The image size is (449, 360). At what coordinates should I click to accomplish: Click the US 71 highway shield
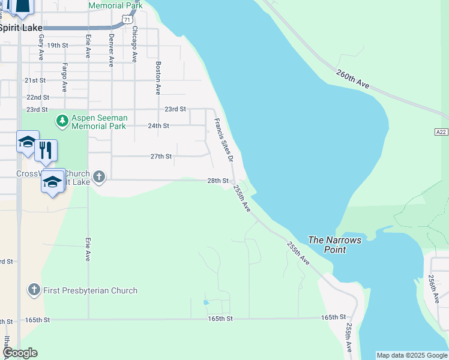(127, 20)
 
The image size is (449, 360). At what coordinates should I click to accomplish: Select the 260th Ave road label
(352, 79)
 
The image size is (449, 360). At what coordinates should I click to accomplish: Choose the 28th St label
(218, 181)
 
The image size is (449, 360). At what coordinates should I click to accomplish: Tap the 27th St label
(161, 157)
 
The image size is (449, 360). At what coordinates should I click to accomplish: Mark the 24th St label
(158, 126)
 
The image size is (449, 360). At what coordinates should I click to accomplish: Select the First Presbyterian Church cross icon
(34, 290)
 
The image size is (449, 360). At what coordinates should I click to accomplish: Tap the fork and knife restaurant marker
(46, 151)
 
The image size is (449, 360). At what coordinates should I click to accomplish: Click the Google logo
(20, 353)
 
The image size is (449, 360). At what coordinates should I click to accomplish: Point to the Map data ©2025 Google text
(412, 355)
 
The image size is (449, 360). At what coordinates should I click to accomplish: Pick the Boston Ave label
(158, 78)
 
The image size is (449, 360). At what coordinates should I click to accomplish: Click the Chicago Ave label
(134, 44)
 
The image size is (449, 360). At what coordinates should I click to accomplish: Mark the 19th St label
(58, 46)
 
